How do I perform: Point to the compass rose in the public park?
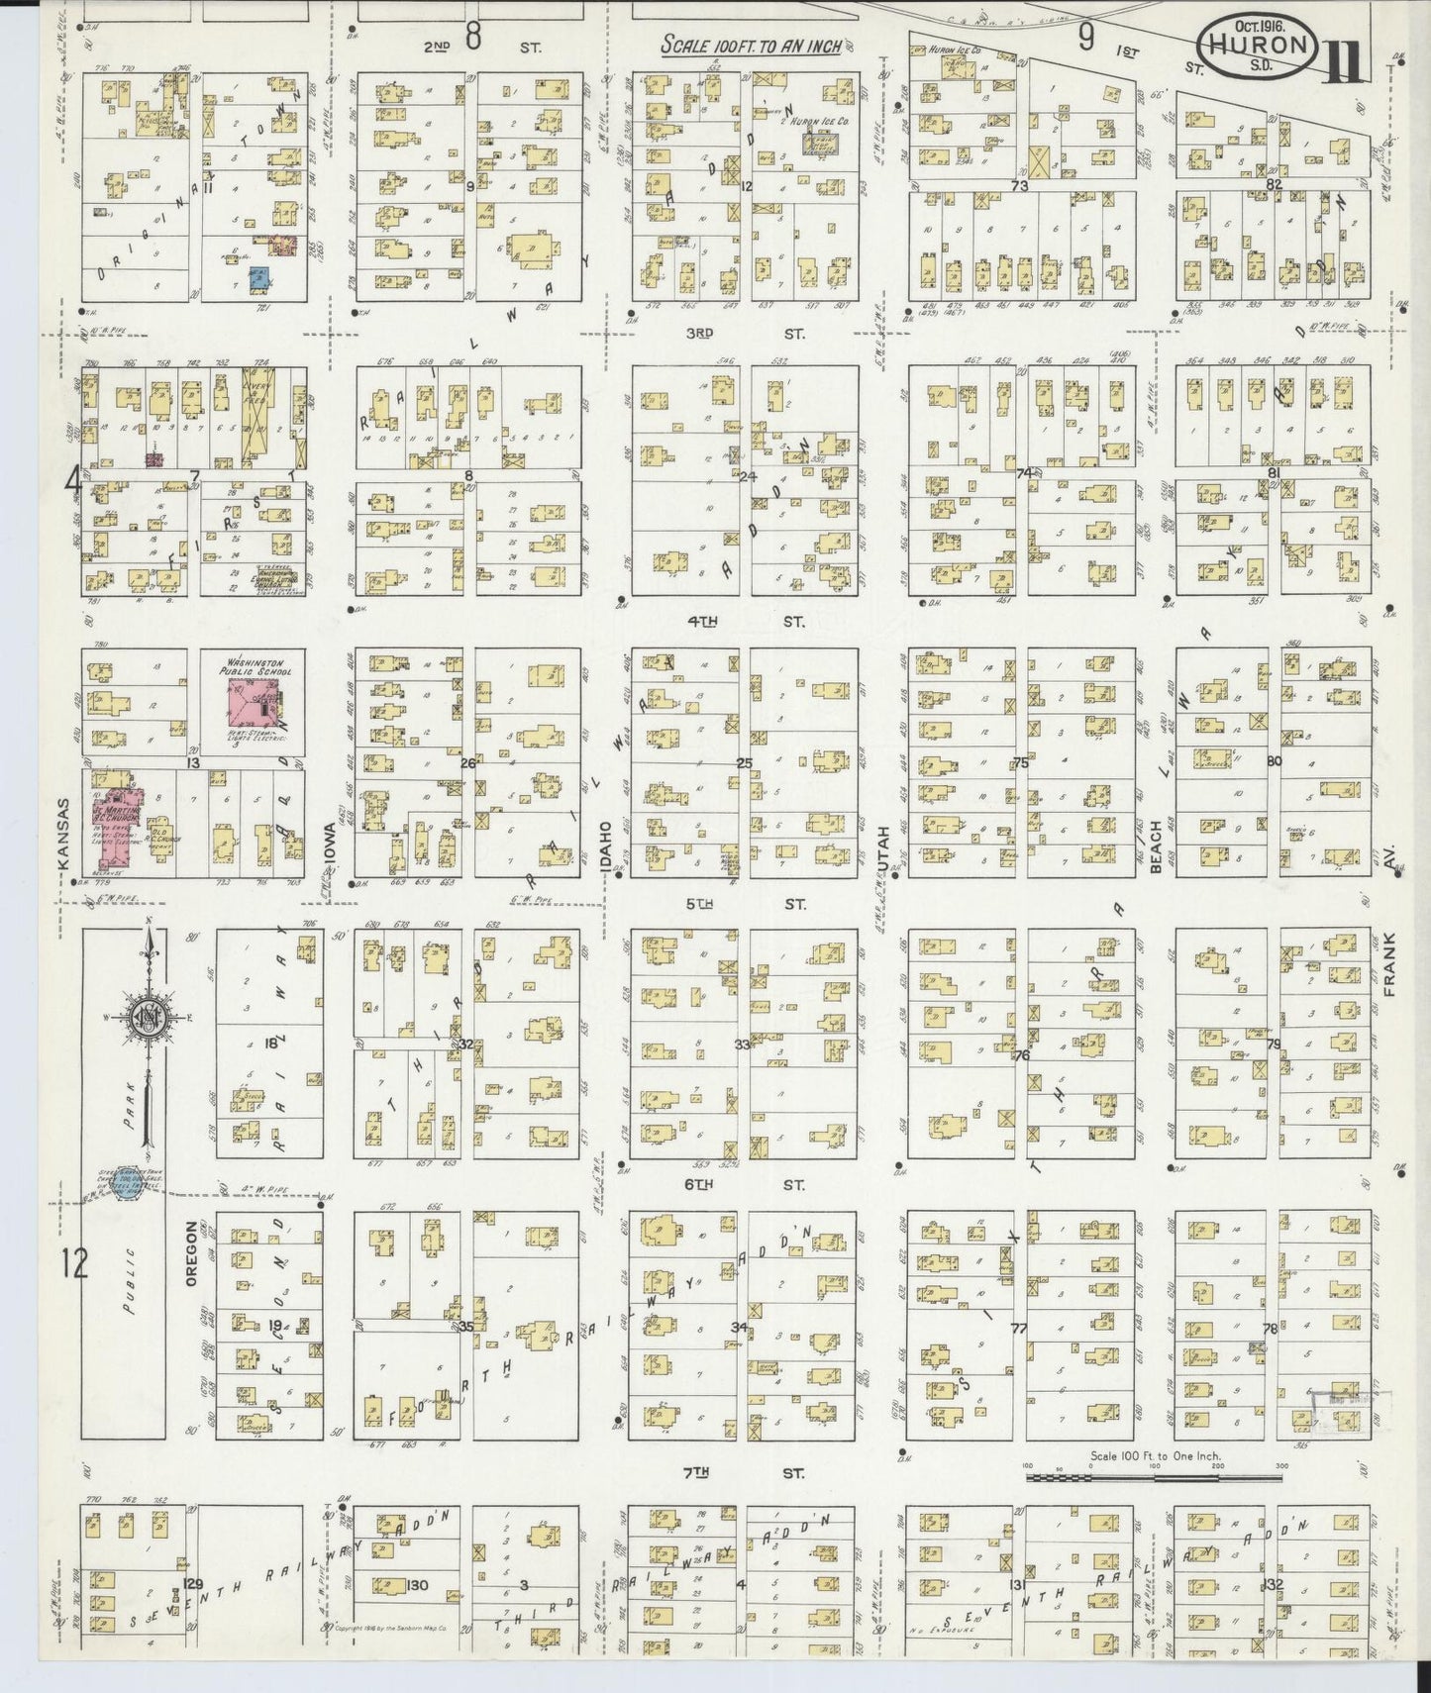coord(149,1017)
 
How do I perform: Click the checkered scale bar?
coord(1154,1478)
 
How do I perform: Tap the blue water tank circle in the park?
coord(125,1186)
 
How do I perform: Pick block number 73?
coord(1020,185)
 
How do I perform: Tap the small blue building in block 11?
coord(258,277)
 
